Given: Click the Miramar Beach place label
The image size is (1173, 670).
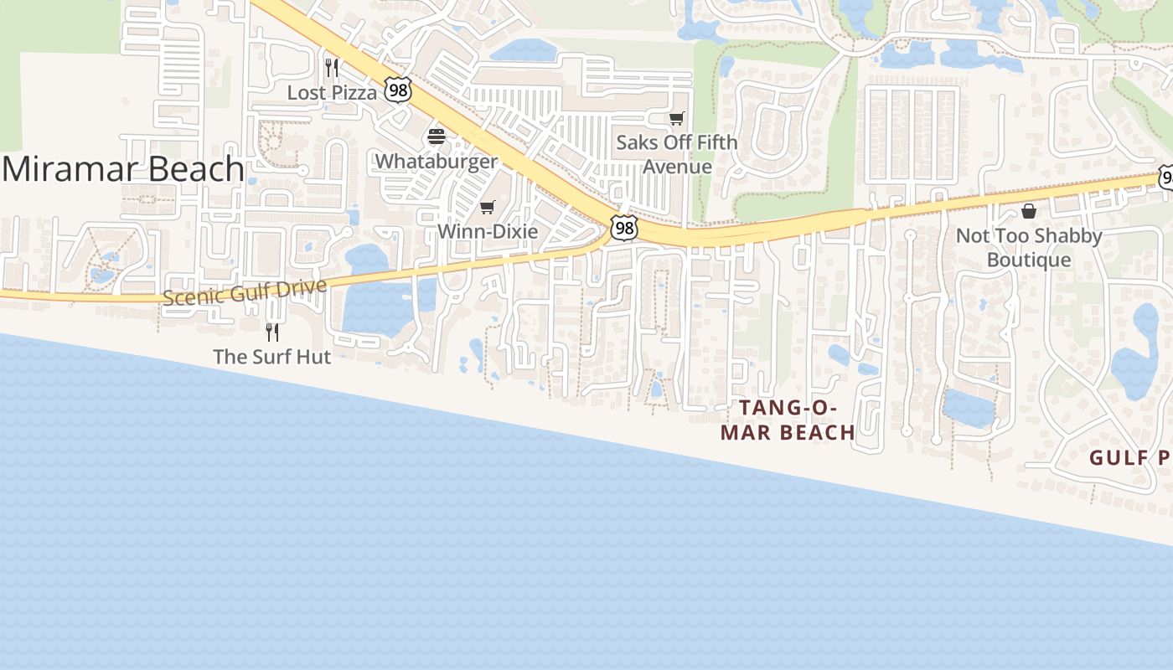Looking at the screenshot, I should tap(123, 170).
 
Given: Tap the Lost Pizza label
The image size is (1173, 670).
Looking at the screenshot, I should tap(332, 93).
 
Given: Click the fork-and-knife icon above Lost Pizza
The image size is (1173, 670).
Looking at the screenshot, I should tap(332, 67).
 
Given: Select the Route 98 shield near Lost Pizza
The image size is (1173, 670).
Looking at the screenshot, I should tap(399, 90).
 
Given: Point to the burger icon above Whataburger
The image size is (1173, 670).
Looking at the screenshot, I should tap(437, 136).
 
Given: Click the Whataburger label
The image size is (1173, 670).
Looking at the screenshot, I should tap(437, 161).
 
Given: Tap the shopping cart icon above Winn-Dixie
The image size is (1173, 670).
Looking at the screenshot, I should tap(487, 207).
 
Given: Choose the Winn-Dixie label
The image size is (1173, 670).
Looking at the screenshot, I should tap(488, 231).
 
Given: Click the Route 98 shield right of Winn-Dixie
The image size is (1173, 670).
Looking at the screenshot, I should tap(623, 228).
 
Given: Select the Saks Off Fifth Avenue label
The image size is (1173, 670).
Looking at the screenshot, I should tap(677, 154).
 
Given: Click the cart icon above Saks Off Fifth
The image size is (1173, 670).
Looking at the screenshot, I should tap(676, 118).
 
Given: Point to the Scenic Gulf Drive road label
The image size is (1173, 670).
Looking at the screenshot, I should tap(244, 293).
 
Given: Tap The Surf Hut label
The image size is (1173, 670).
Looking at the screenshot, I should tap(271, 357).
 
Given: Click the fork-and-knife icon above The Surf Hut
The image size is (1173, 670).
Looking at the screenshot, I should tap(271, 332).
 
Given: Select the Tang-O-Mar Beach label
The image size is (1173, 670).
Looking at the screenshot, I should tap(788, 420).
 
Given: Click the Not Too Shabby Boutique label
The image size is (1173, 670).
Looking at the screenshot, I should tap(1029, 248).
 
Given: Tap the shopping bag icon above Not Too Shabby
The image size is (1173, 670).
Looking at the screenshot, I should tap(1029, 211).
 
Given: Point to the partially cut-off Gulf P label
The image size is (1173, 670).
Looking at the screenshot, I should tap(1129, 458).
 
